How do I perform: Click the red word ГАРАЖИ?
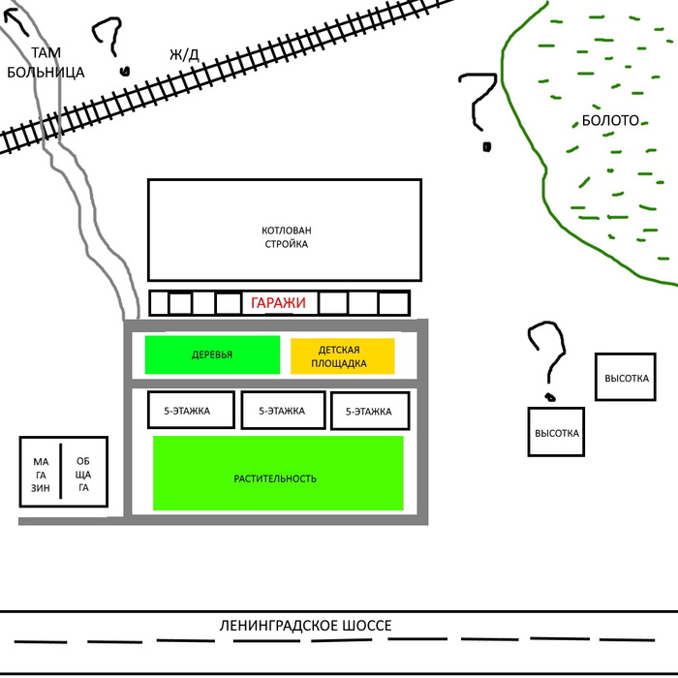pos(278,303)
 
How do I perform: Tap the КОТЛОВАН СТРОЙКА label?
pos(286,237)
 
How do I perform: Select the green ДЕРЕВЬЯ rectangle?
pos(211,354)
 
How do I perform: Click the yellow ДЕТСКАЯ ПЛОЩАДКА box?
pos(342,355)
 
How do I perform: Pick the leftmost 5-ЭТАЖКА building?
pos(191,411)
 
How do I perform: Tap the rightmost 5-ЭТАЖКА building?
pos(368,412)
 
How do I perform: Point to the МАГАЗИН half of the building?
pos(40,475)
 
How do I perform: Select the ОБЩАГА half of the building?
pos(83,475)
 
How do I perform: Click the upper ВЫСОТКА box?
pos(626,378)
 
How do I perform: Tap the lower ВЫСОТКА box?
pos(557,433)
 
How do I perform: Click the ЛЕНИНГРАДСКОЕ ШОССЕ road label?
pos(305,626)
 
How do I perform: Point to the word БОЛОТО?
pos(610,121)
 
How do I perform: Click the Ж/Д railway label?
pos(184,54)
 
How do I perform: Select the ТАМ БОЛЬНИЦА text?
pos(45,62)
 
